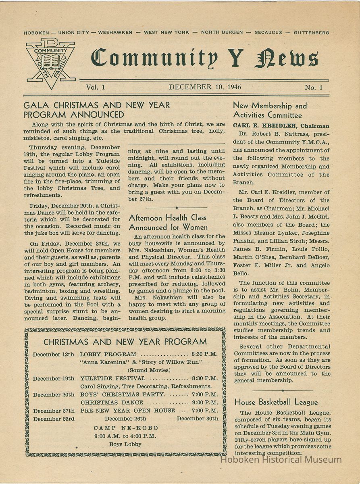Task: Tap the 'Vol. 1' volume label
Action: (x=95, y=87)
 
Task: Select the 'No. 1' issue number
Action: (x=314, y=87)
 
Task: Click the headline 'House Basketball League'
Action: (x=276, y=402)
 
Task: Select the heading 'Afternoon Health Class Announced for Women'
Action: (x=169, y=222)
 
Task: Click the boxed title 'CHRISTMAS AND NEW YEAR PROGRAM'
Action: (x=125, y=342)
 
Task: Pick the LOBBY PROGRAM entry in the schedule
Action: (x=108, y=355)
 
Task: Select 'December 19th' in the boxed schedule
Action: (x=54, y=378)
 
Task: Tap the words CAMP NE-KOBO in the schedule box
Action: (x=126, y=428)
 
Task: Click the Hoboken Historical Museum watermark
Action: (x=281, y=459)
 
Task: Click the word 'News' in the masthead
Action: (x=286, y=59)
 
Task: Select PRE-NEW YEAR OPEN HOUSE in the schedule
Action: (x=128, y=411)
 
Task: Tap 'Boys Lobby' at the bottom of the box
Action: (x=125, y=444)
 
